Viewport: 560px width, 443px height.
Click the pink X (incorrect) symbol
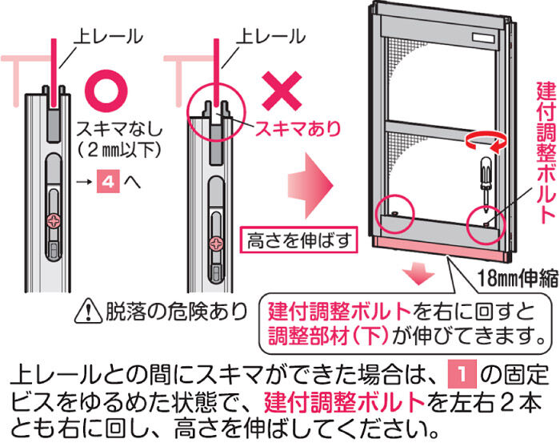click(282, 91)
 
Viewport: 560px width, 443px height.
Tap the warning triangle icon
click(88, 312)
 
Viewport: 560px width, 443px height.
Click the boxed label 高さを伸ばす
click(299, 240)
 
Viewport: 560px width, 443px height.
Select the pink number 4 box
click(108, 182)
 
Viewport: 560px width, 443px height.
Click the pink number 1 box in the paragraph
click(462, 374)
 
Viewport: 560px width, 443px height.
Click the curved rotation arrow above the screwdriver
click(486, 141)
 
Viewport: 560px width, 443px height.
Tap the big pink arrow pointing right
click(310, 185)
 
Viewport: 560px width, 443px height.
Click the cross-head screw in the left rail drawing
click(54, 222)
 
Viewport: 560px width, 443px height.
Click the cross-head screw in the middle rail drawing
click(217, 244)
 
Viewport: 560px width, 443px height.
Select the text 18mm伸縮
click(518, 277)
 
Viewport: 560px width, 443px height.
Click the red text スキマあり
click(297, 128)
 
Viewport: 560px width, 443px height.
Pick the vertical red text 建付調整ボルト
click(546, 153)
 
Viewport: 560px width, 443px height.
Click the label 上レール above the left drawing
click(108, 37)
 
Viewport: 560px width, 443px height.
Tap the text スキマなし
click(119, 129)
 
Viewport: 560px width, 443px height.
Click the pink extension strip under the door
click(442, 247)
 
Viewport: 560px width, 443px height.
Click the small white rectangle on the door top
click(486, 37)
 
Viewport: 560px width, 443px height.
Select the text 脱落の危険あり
click(176, 312)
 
